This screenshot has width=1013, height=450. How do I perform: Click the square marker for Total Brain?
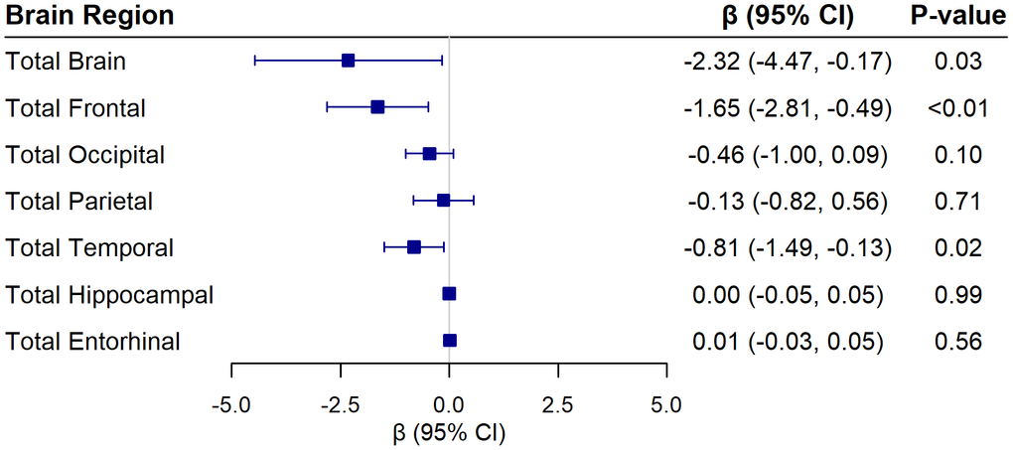(x=348, y=61)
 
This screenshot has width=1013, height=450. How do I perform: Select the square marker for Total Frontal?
(x=377, y=107)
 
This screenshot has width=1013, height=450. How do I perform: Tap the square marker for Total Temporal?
(x=414, y=247)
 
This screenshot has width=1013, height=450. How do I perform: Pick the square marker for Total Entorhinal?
(x=450, y=341)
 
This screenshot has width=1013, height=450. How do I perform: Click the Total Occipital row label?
(x=85, y=155)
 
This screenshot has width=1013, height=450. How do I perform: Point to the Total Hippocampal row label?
(x=109, y=295)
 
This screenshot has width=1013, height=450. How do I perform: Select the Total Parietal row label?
(x=79, y=202)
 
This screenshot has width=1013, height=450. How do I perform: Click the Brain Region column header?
(x=89, y=16)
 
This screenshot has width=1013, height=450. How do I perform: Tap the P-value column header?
(x=957, y=16)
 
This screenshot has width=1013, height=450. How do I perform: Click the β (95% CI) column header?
(x=784, y=16)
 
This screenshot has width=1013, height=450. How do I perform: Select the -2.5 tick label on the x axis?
(x=341, y=404)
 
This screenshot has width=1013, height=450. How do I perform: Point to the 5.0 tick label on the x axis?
(x=666, y=404)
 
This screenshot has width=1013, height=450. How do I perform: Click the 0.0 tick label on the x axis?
(x=450, y=404)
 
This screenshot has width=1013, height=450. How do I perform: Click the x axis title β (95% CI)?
(x=449, y=433)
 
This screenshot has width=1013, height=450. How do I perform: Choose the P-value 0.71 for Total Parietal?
(x=957, y=202)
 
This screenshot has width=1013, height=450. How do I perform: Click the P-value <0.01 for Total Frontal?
(x=957, y=108)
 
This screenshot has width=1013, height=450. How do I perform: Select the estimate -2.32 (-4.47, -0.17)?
(x=786, y=62)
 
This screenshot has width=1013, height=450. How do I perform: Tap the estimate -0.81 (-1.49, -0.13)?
(x=786, y=248)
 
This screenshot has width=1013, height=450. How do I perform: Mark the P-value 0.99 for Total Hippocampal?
(x=957, y=295)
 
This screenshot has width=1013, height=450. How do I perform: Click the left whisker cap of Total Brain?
(x=255, y=61)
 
